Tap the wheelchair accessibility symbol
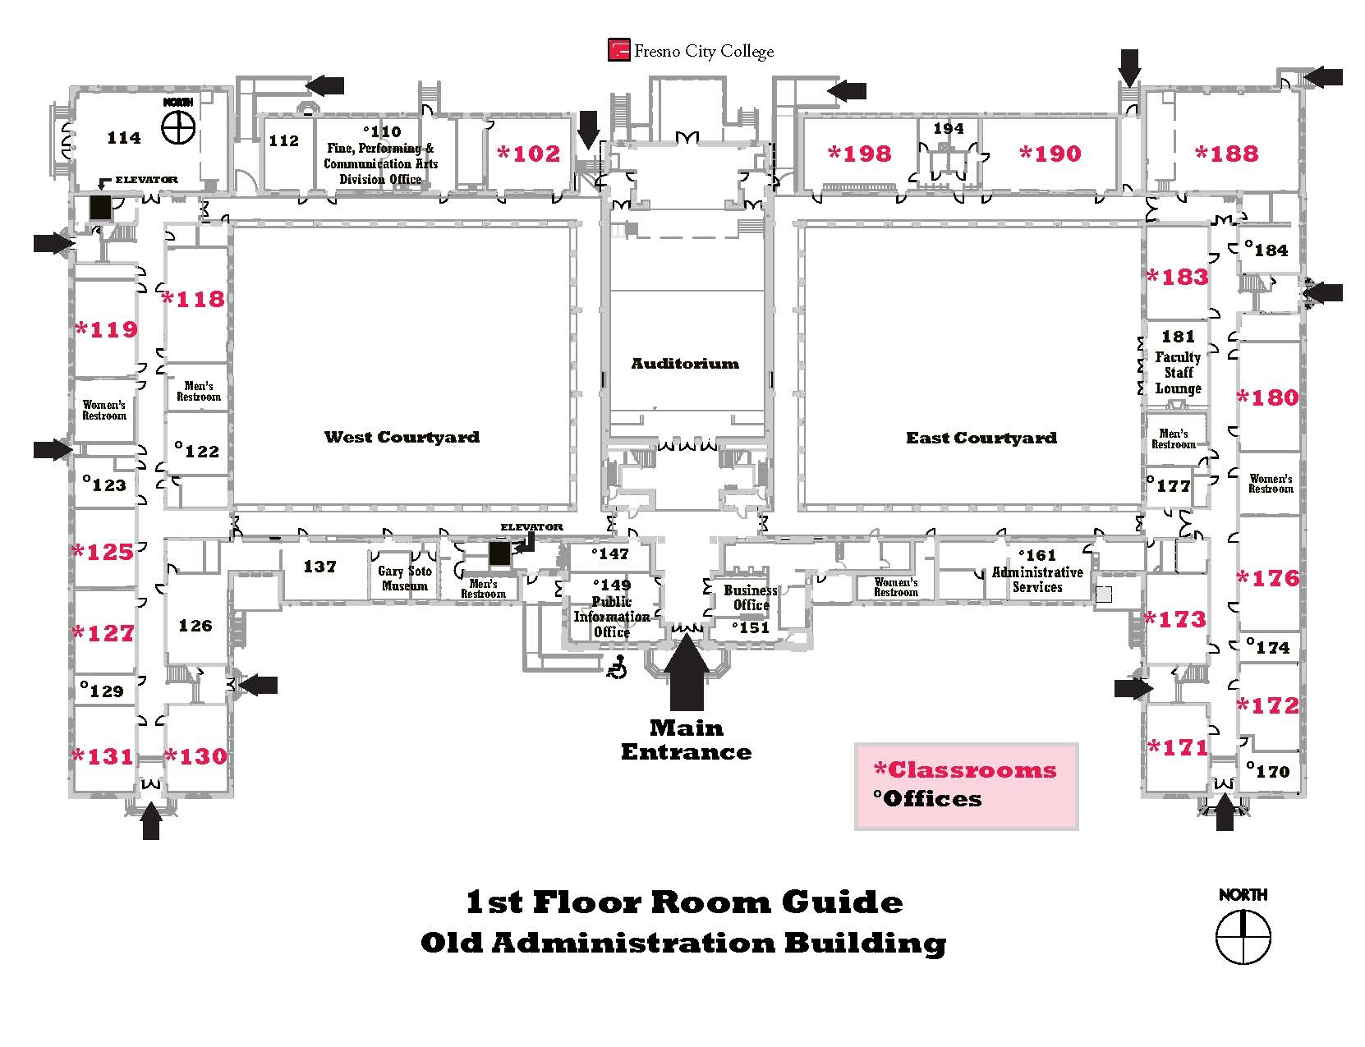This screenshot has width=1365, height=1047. [618, 669]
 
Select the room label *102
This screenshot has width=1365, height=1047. [529, 154]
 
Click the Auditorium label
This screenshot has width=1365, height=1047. [685, 363]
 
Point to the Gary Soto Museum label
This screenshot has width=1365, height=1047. [404, 578]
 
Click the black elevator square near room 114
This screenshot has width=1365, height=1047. [100, 208]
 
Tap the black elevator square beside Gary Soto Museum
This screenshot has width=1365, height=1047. [499, 553]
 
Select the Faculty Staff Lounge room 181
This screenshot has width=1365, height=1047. [1178, 362]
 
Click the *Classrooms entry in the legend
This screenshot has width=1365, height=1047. [964, 769]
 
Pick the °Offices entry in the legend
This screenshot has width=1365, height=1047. [927, 798]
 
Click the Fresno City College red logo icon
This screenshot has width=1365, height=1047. [618, 51]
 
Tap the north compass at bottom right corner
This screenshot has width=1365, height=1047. [1243, 937]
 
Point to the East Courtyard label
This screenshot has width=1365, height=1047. [981, 438]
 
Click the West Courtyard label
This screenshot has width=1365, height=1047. [402, 437]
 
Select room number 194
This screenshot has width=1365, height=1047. [948, 129]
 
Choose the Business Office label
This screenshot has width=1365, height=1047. [750, 598]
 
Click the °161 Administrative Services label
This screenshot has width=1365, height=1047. [1036, 572]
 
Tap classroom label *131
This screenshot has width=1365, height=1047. [103, 755]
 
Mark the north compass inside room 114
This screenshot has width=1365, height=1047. [178, 126]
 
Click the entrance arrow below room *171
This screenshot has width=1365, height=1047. [1224, 814]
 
